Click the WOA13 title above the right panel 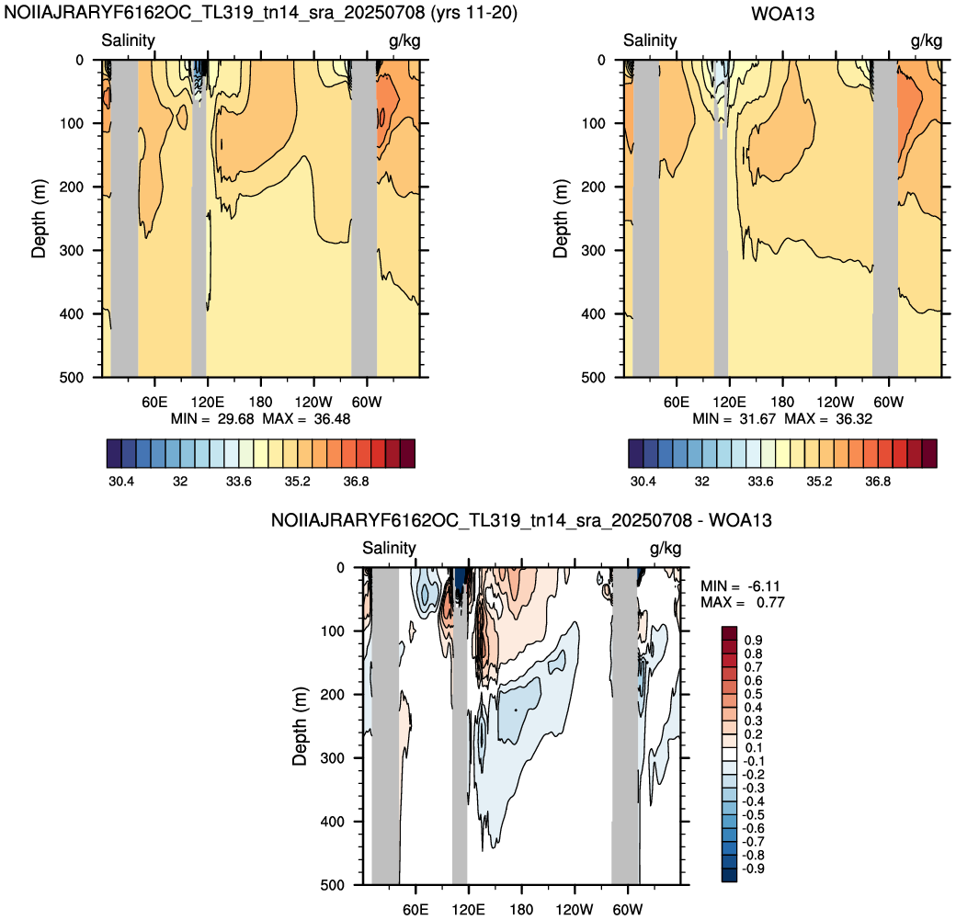(x=782, y=14)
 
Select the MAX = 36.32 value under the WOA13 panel (x=828, y=419)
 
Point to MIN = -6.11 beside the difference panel (x=740, y=585)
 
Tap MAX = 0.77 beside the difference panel (x=743, y=602)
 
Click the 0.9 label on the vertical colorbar (x=754, y=641)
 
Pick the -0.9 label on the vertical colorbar (x=754, y=869)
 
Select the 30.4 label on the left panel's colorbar (x=121, y=482)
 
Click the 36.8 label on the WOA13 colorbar (x=878, y=482)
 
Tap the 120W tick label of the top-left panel (x=313, y=403)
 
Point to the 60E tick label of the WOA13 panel (x=677, y=403)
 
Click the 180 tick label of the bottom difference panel (x=522, y=910)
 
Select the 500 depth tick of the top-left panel (x=72, y=378)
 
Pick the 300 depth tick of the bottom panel (x=332, y=758)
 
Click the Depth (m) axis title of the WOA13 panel (x=561, y=218)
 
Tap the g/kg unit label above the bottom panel (x=666, y=549)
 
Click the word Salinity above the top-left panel (x=128, y=40)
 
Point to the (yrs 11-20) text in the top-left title (x=474, y=13)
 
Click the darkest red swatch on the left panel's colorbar (x=408, y=454)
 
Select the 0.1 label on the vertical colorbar (x=754, y=748)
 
